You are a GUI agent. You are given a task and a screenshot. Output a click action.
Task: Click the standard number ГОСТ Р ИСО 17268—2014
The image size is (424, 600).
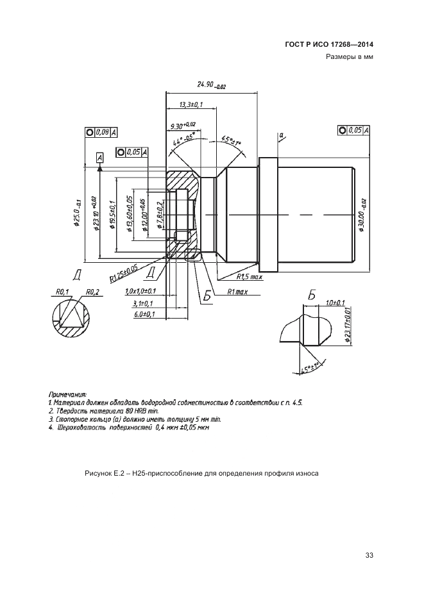pos(328,45)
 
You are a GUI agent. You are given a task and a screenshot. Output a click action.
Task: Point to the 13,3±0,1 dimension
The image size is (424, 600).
pos(191,104)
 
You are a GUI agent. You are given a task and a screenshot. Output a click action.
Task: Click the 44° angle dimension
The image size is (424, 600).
pos(183,140)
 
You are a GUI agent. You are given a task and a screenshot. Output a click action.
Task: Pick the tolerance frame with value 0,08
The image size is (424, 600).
pos(101,132)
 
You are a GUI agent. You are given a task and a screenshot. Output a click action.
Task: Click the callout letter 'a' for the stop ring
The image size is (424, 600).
pos(281,135)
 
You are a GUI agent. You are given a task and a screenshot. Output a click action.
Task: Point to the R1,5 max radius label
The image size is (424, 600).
pos(250,277)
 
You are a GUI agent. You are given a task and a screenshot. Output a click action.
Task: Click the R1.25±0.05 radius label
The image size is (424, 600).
pos(124,273)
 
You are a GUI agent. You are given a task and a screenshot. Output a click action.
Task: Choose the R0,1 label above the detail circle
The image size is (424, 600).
pos(62,292)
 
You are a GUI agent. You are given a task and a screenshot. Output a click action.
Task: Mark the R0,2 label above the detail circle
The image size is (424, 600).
pos(93,292)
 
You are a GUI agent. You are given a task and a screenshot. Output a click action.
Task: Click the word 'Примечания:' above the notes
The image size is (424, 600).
pos(67,394)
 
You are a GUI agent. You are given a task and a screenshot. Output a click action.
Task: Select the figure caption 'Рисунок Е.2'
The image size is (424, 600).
pos(106,474)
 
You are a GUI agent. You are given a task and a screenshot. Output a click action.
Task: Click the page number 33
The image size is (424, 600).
pos(369,555)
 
